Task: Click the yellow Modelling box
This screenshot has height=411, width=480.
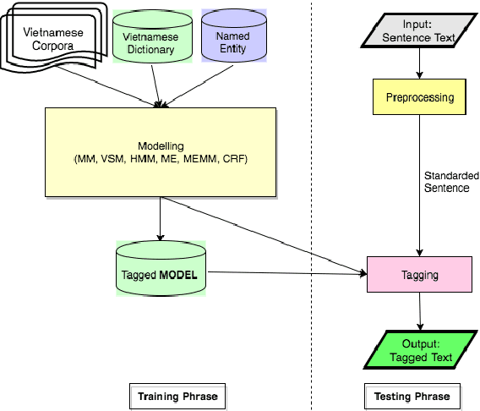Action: [161, 152]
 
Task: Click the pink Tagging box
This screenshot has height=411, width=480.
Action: [419, 275]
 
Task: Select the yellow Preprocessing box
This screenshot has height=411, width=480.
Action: [420, 97]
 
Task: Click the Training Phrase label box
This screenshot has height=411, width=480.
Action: [178, 395]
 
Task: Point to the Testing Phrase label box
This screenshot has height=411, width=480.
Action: [412, 395]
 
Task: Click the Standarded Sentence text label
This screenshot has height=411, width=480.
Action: [446, 182]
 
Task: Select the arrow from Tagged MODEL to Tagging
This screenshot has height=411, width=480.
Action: [287, 272]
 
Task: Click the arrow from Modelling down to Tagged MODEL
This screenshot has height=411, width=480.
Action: [161, 218]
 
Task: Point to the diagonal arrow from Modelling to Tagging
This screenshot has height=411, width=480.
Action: [262, 234]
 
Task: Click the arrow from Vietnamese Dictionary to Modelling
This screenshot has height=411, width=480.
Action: [155, 85]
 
